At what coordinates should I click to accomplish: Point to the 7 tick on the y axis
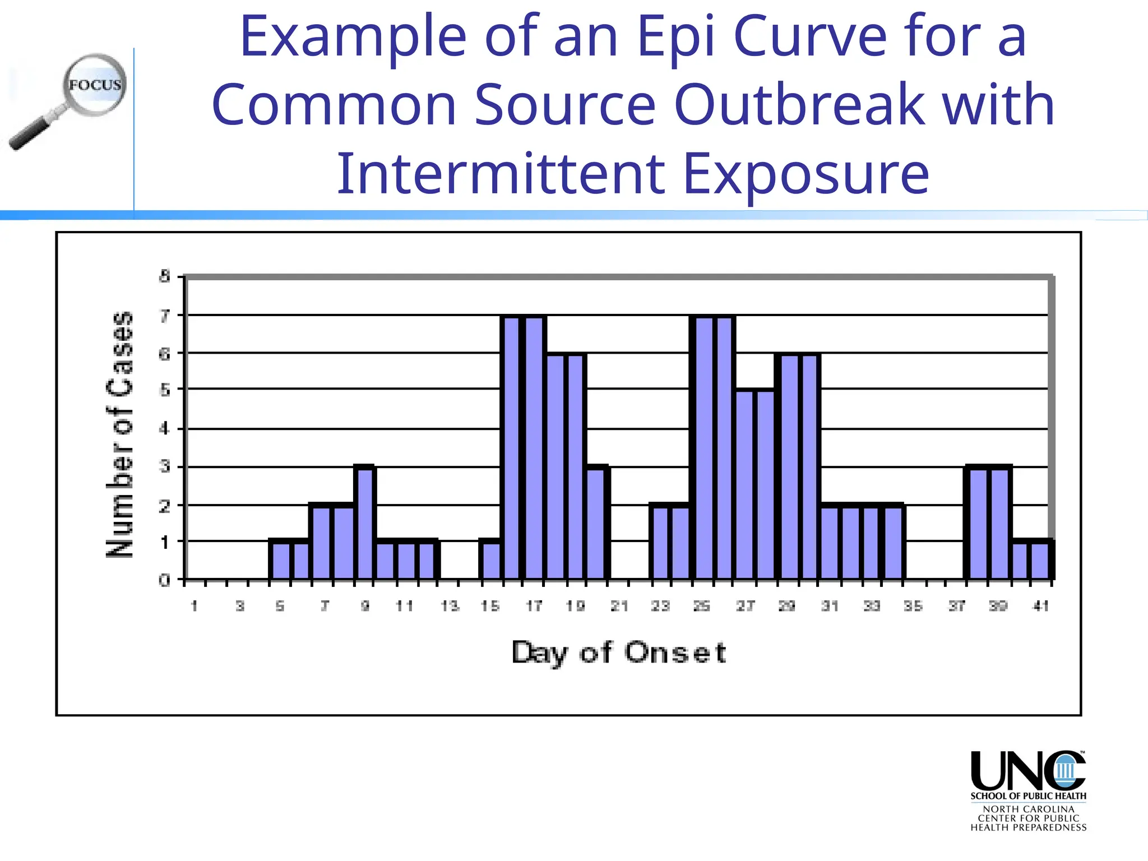pyautogui.click(x=164, y=316)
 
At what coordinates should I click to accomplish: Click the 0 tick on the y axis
pyautogui.click(x=164, y=580)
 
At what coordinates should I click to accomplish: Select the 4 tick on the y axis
pyautogui.click(x=164, y=429)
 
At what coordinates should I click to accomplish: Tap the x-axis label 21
pyautogui.click(x=619, y=606)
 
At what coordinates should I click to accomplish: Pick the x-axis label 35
pyautogui.click(x=913, y=606)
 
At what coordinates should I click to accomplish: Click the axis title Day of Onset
pyautogui.click(x=619, y=652)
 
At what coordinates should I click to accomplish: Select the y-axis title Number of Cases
pyautogui.click(x=121, y=434)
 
